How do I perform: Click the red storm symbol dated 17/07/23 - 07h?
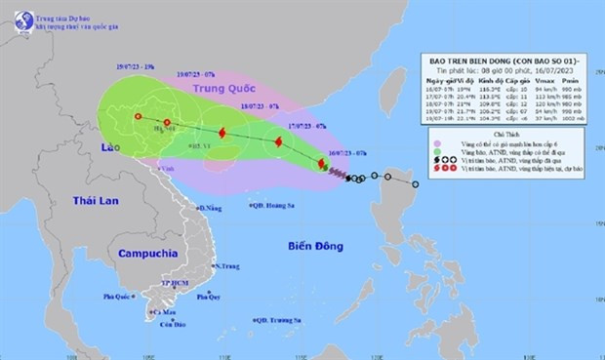279,142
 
